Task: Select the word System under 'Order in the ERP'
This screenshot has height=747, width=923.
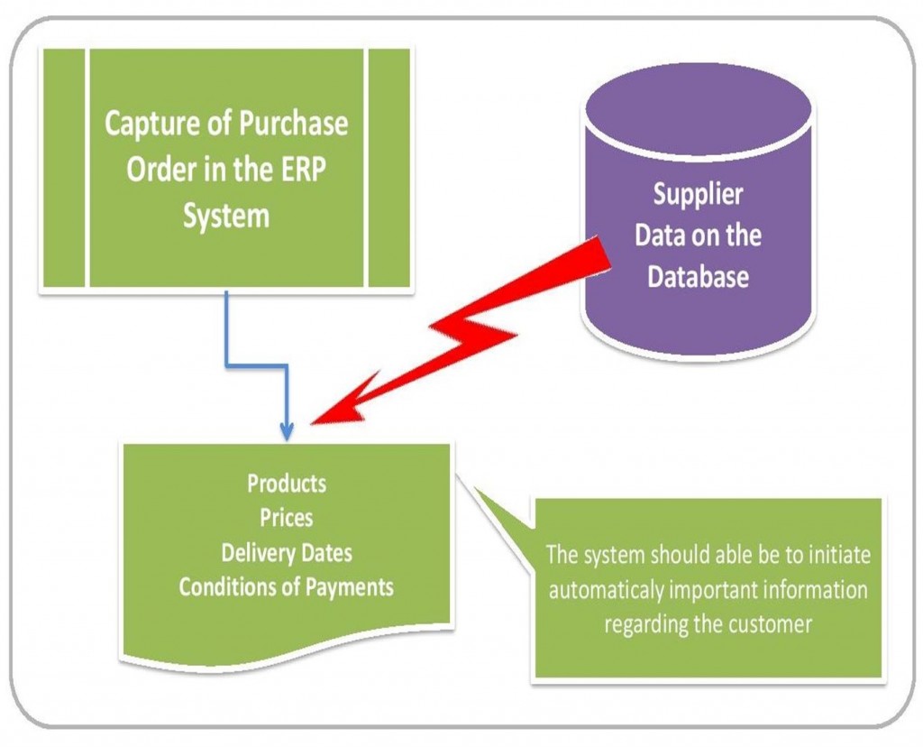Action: tap(226, 217)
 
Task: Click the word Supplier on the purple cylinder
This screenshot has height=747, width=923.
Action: tap(698, 194)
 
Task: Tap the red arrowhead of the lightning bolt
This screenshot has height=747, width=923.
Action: tap(334, 410)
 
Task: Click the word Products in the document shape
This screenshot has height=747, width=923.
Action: tap(287, 484)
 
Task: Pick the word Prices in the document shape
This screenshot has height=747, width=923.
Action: tap(287, 518)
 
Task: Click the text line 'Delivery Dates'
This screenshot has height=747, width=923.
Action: tap(287, 552)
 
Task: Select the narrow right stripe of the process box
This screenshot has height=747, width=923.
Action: tap(388, 168)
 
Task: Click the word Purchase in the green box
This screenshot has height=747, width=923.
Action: tap(291, 123)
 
